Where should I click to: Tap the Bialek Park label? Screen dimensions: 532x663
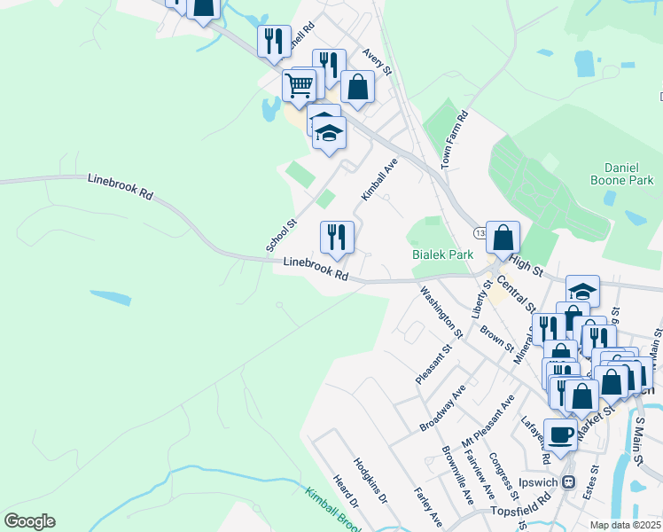click(x=443, y=254)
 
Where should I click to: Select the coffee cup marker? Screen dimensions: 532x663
click(x=559, y=434)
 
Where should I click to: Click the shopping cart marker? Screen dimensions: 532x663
click(x=300, y=86)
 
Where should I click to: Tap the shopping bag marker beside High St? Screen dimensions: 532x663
click(x=503, y=237)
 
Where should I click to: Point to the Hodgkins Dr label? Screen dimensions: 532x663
click(x=370, y=481)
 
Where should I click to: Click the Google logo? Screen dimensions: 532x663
click(x=29, y=521)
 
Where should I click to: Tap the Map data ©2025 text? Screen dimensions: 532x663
click(x=625, y=525)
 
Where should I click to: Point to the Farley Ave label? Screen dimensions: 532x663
click(x=427, y=506)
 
